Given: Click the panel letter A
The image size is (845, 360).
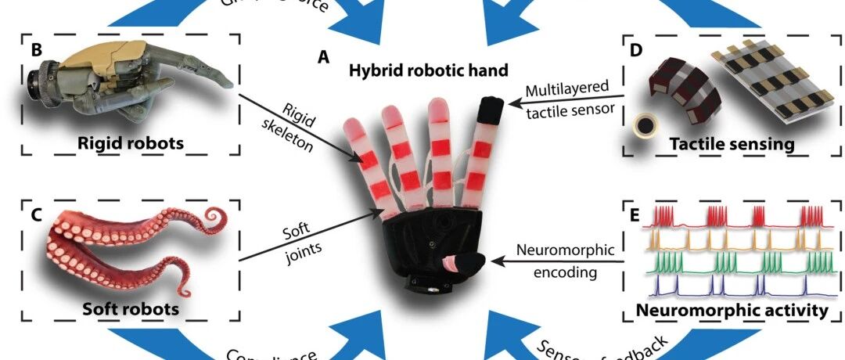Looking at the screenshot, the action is pos(323,56).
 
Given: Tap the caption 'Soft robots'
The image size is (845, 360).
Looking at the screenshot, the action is pos(130,308).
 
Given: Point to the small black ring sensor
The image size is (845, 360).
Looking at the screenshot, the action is pos(645,126).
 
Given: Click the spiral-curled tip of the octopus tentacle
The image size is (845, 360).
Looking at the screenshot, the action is pos(211,214).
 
